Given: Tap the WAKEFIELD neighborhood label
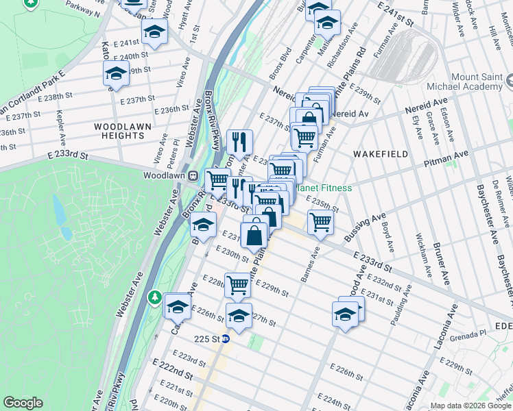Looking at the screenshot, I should (x=381, y=154).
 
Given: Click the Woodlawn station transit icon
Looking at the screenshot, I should (x=194, y=175).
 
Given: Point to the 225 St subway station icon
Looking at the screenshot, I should (x=233, y=338).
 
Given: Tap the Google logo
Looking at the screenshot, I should (x=23, y=403).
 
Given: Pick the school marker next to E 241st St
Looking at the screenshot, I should (x=155, y=31).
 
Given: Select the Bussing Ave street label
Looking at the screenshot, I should (x=366, y=229).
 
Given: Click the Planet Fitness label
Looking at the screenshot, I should (x=324, y=188).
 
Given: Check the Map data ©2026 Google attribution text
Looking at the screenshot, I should (x=470, y=406).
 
